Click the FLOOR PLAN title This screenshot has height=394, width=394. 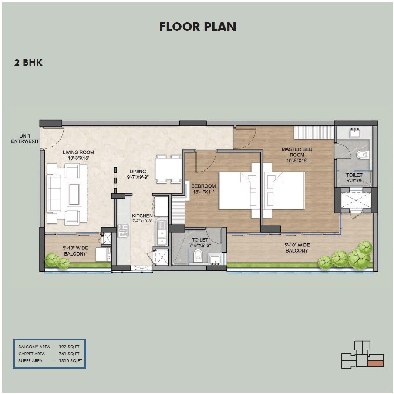[x=198, y=27]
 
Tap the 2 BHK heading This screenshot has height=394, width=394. [x=28, y=63]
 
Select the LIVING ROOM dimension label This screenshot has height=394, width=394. [x=78, y=155]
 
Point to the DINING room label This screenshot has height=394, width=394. [x=137, y=174]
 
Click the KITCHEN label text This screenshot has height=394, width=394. [x=142, y=218]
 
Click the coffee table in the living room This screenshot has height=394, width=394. [x=74, y=194]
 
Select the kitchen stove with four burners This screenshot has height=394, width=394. [x=123, y=230]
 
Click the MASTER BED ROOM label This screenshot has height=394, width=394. [x=296, y=155]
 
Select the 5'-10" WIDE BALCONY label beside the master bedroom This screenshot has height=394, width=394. [x=297, y=248]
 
